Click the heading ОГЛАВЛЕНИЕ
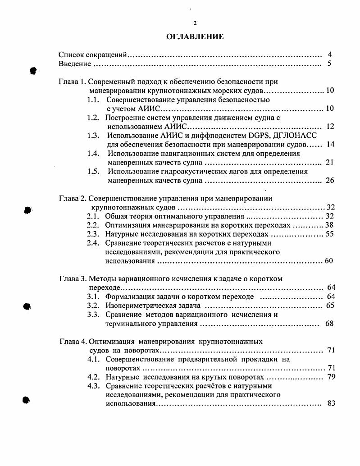coord(195,37)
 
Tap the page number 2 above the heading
coord(195,23)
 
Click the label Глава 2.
coord(72,198)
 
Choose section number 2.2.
coord(93,225)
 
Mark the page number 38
coord(329,225)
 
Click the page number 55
coord(329,234)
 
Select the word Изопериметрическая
coord(138,305)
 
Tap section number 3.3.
coord(93,315)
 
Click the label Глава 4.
coord(72,341)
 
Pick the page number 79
coord(331,377)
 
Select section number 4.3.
coord(93,386)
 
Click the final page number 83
coord(331,403)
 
